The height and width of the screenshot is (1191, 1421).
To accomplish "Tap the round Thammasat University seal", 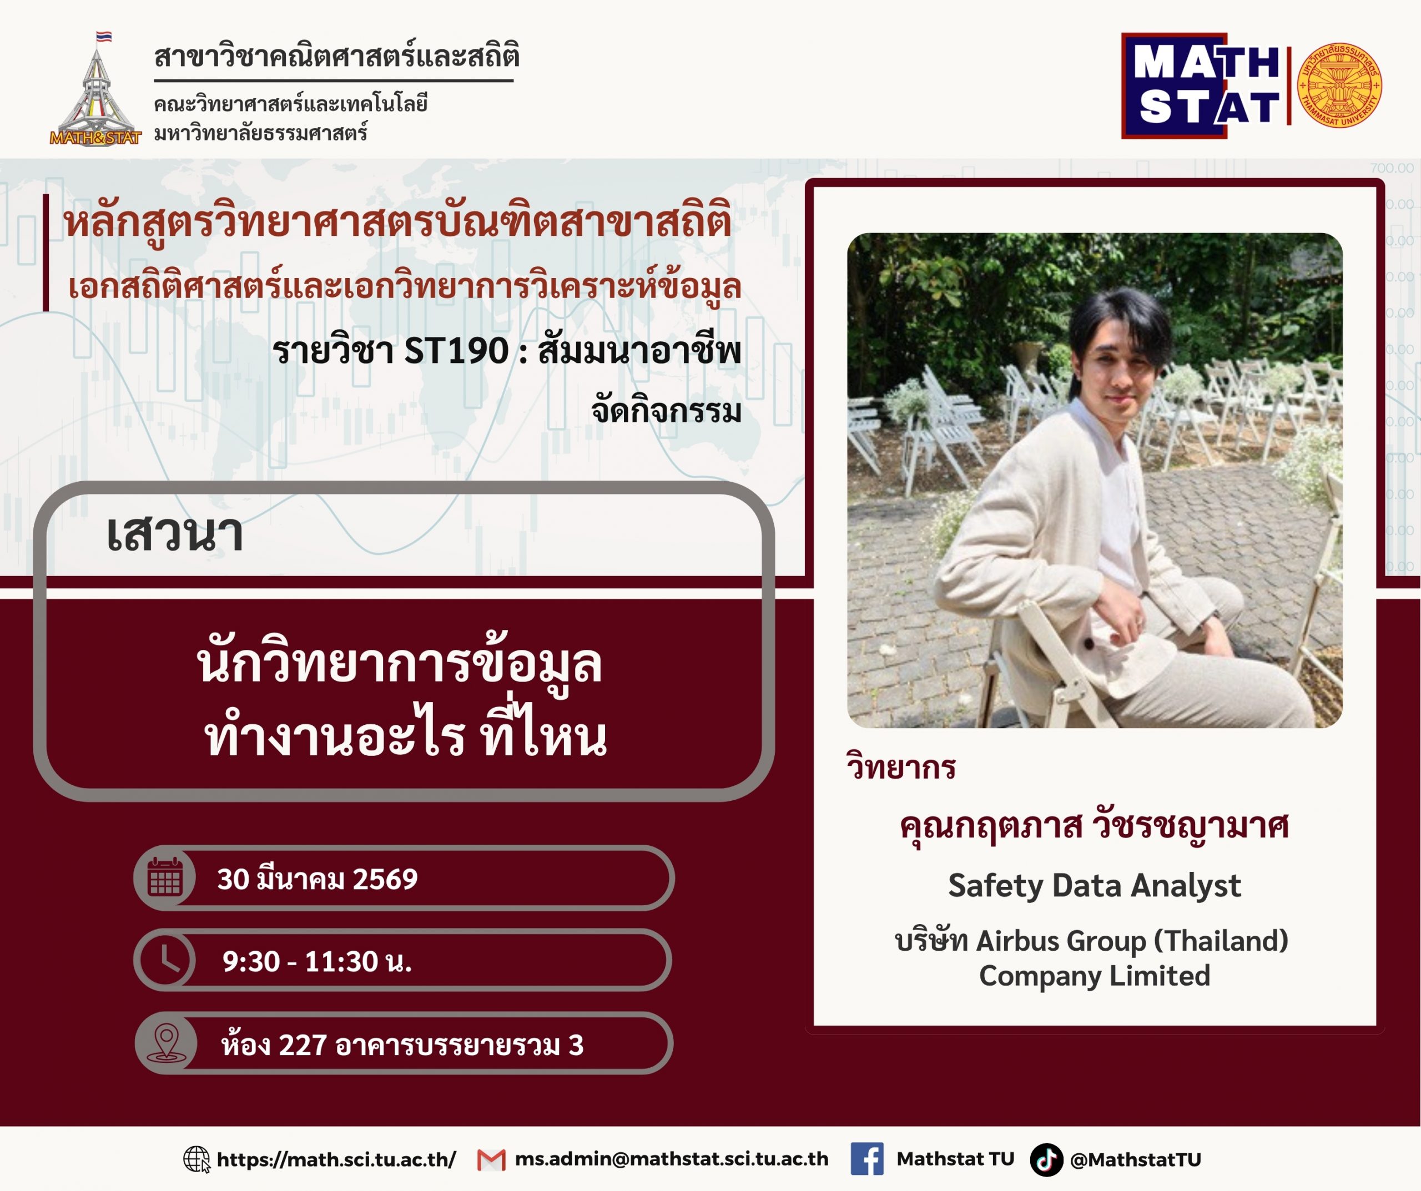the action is pos(1339,86).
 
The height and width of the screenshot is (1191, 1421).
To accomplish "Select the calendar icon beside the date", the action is pos(165,877).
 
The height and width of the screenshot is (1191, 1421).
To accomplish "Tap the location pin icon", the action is pos(167,1043).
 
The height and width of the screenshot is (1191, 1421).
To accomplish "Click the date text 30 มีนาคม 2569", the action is pos(318,879).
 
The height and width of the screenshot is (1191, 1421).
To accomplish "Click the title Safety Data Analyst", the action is pos(1094,886).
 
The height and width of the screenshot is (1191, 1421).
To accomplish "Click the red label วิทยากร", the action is pos(901,768).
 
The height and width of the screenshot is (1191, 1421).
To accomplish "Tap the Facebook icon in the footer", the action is pos(867,1159).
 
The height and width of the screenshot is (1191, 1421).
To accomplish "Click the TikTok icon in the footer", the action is pos(1046,1160).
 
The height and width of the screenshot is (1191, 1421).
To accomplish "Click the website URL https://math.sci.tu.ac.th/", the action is pos(336,1160).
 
